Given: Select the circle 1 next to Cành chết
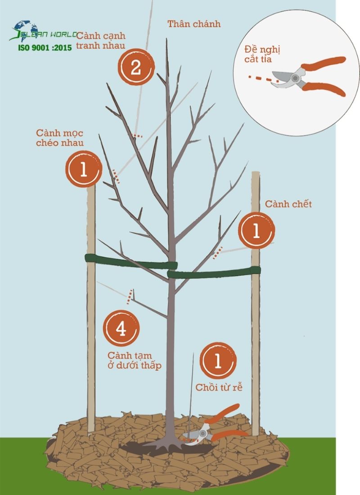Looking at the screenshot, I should tap(256, 230).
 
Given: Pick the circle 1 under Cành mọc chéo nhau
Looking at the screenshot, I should tap(84, 169).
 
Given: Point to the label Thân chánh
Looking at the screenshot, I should tap(194, 24).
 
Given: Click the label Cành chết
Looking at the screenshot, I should tap(288, 204).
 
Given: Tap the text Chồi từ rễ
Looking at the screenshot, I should tap(219, 387).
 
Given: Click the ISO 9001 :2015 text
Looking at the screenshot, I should tap(45, 48).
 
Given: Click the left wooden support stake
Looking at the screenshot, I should tap(91, 315).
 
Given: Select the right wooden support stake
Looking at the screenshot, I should tap(256, 315).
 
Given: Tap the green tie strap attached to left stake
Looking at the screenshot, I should tap(130, 261).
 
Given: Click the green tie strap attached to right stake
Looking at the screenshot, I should tap(214, 271).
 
